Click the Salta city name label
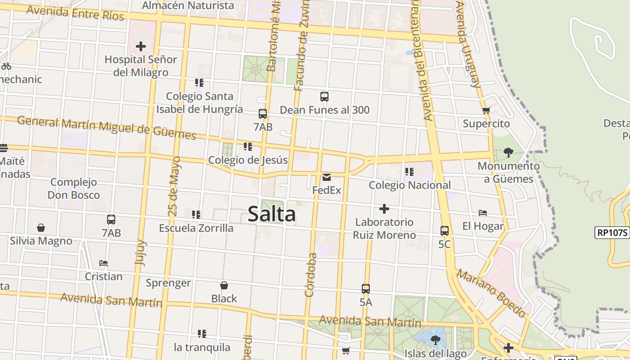[x=272, y=214]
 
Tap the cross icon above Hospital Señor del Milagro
[x=141, y=46]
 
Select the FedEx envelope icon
[x=327, y=177]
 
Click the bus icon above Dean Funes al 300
[x=324, y=96]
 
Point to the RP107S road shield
[x=612, y=233]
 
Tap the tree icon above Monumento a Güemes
[x=508, y=153]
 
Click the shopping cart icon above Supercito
[x=486, y=110]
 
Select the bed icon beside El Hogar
[x=483, y=212]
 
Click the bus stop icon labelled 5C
[x=445, y=231]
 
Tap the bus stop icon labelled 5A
[x=366, y=288]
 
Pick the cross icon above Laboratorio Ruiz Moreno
[x=384, y=209]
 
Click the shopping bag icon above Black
[x=224, y=285]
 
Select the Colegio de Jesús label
[x=247, y=160]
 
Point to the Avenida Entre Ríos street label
[x=75, y=13]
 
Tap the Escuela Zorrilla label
[x=196, y=228]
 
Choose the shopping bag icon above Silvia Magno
[x=41, y=228]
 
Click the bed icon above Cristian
[x=103, y=263]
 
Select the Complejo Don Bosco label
[x=74, y=189]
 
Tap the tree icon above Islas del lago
[x=435, y=340]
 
